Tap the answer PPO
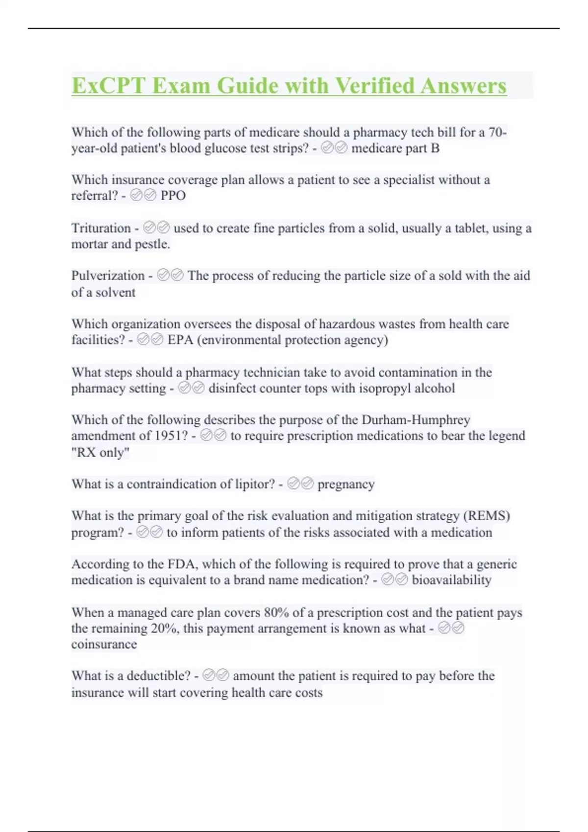173,196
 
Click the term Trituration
101,228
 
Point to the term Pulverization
108,276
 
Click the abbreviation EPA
180,340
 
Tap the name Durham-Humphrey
416,420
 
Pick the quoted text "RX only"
100,452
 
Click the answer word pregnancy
346,484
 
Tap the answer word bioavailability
451,580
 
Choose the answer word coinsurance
104,644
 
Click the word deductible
158,676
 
